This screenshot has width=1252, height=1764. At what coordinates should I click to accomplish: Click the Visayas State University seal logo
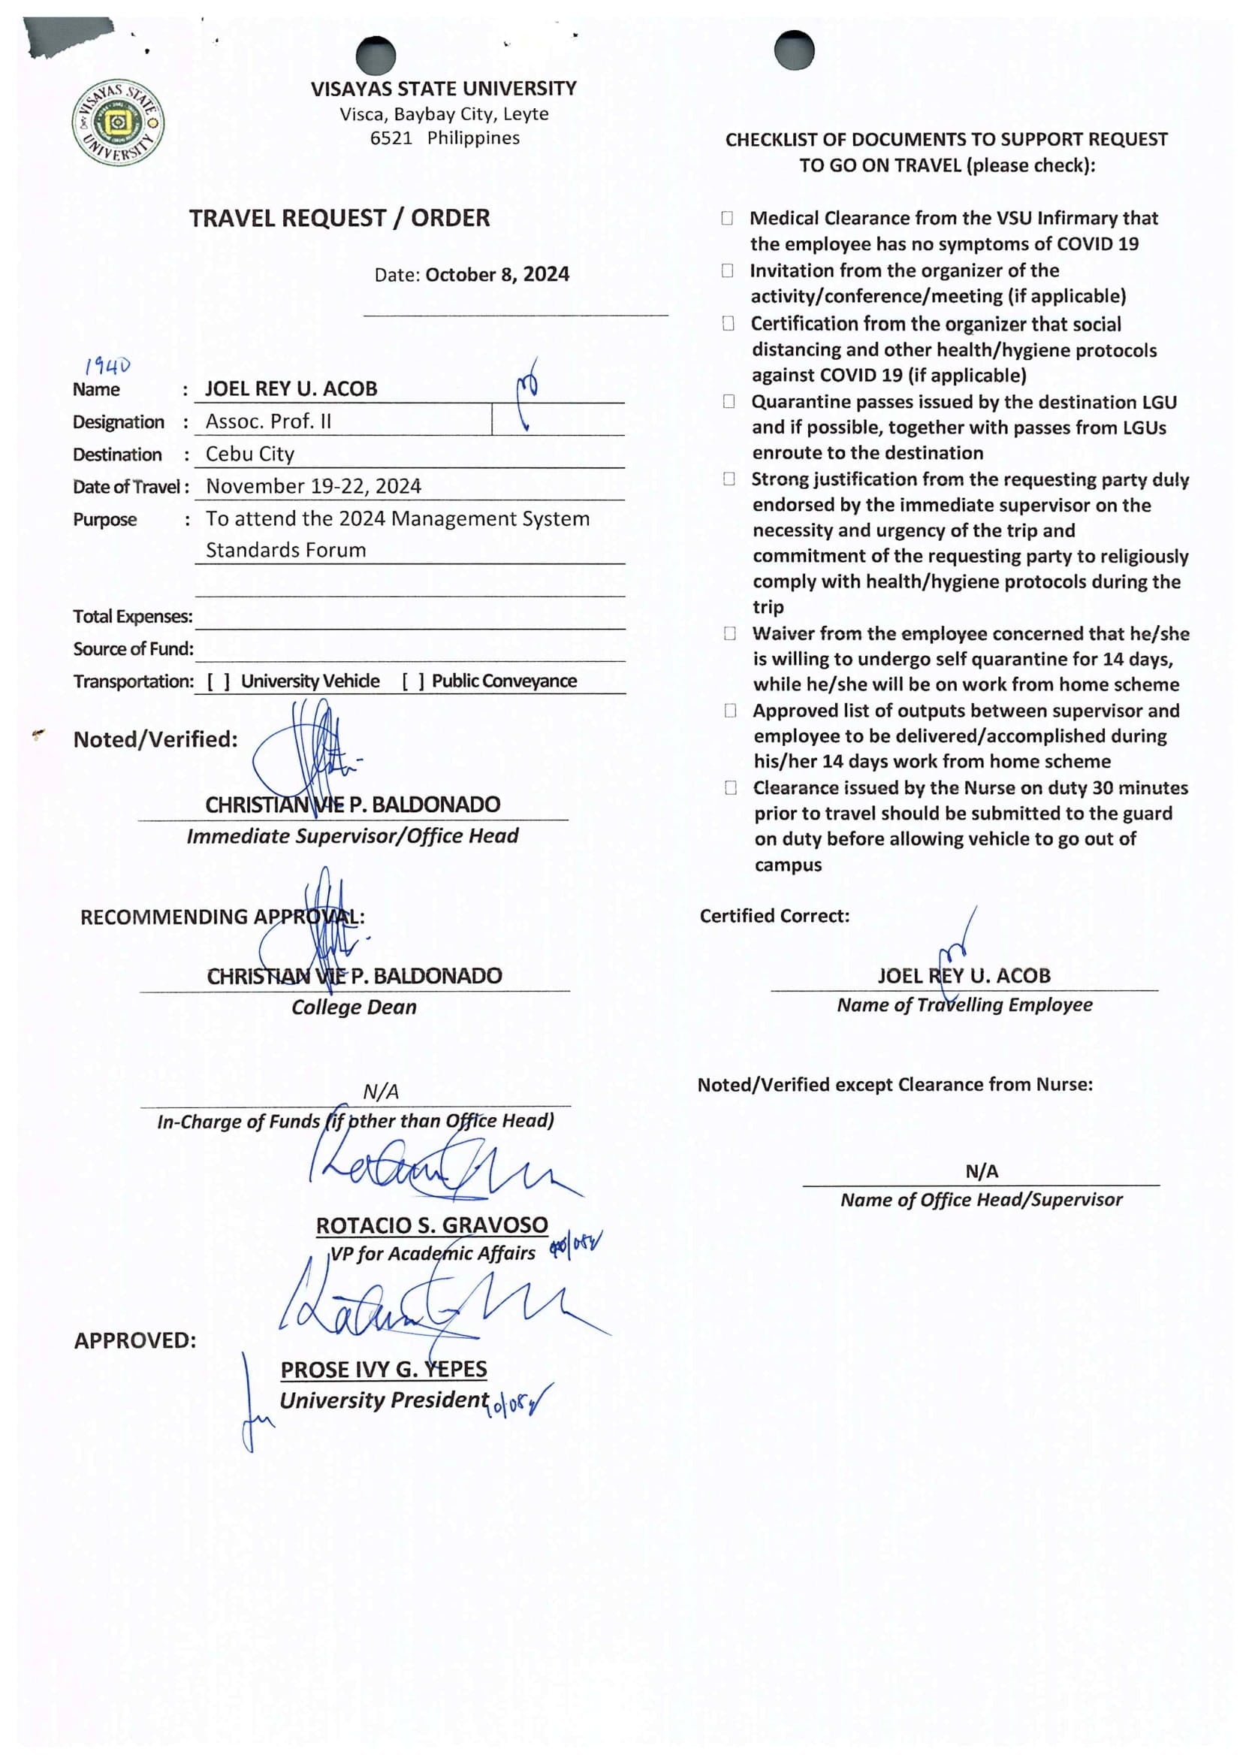(118, 123)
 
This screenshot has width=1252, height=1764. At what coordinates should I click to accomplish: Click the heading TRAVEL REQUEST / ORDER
(339, 218)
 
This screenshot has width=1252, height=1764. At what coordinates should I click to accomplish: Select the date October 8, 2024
(496, 274)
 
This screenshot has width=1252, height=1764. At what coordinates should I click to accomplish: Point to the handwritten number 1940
(108, 364)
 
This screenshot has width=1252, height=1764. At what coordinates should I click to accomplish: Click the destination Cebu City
(250, 453)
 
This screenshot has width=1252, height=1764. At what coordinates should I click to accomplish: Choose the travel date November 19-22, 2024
(313, 486)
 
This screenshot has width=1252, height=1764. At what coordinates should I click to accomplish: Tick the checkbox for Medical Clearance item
(727, 218)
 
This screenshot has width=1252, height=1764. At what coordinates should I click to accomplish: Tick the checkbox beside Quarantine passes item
(729, 402)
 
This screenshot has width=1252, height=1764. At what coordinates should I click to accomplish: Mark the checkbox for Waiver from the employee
(729, 634)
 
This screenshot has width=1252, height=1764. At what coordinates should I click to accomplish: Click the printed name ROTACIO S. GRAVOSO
(432, 1225)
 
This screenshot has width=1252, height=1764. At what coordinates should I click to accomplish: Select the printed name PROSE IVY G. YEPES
(383, 1370)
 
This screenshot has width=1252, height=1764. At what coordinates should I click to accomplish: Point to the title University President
(383, 1400)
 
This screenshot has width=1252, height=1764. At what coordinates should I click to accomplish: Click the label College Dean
(354, 1007)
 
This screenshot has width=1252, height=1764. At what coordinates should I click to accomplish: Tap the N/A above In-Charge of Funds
(381, 1092)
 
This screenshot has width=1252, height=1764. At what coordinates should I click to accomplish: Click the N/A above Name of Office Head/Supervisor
(982, 1171)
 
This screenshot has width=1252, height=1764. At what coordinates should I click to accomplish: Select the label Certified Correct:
(774, 916)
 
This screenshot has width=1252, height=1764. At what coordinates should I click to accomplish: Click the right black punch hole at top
(794, 50)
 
